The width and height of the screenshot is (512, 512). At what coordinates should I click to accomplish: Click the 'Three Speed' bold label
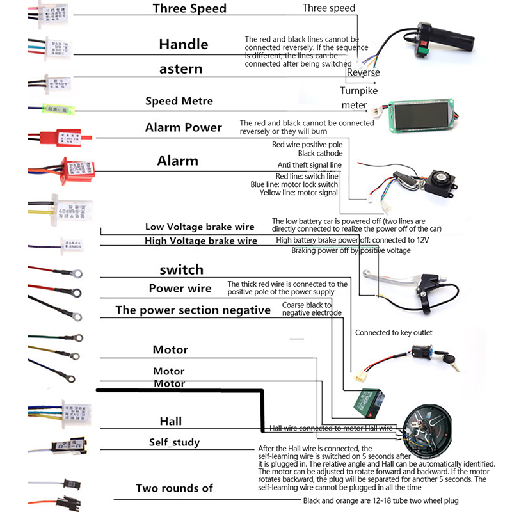(189, 8)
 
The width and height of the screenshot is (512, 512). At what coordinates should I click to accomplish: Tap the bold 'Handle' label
(183, 44)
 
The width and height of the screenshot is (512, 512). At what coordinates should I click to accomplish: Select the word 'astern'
(181, 68)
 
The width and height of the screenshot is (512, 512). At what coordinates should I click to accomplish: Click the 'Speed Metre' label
(179, 100)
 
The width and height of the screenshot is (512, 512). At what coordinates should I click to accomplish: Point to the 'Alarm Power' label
(183, 127)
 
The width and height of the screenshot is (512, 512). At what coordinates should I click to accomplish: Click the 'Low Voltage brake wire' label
(199, 227)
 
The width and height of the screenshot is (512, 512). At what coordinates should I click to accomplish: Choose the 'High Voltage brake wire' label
(201, 241)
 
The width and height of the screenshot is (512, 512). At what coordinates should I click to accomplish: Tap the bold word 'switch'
(181, 269)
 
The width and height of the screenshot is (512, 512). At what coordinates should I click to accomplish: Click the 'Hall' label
(170, 420)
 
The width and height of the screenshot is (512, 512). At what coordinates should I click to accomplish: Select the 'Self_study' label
(174, 442)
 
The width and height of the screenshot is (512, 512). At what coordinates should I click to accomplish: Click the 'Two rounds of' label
(174, 488)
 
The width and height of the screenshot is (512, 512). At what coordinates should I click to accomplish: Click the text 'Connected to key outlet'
(394, 332)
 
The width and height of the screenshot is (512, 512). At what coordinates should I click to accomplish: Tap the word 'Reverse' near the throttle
(363, 72)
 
